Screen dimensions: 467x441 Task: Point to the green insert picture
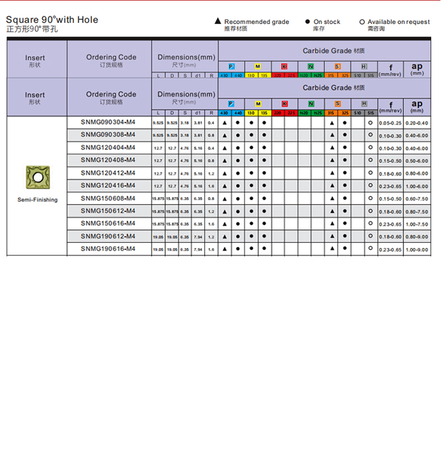[38, 178]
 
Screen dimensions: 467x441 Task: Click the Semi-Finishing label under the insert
[38, 200]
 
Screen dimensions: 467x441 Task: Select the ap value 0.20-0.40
[417, 122]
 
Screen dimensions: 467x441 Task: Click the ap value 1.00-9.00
[417, 249]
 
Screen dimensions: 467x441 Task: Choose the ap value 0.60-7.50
[417, 199]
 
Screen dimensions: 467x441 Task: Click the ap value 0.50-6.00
[417, 161]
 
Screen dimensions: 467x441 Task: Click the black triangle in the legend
[218, 22]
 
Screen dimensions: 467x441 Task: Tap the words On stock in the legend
[327, 22]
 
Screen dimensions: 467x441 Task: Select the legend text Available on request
[399, 22]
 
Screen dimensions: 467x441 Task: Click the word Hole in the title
[85, 19]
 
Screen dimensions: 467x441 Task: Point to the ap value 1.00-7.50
[417, 224]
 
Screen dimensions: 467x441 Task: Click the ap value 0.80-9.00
[417, 236]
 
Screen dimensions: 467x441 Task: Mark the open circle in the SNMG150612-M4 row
[370, 211]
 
